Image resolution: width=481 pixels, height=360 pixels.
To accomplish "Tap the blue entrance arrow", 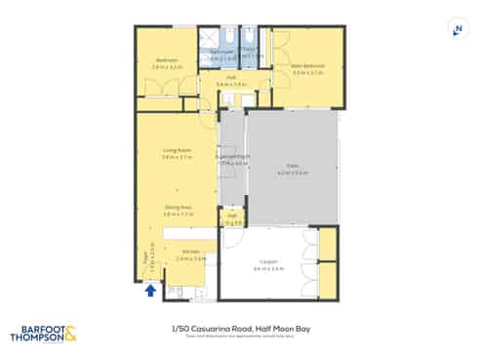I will click(150, 289).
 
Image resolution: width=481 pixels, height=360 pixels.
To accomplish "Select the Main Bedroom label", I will click(307, 66).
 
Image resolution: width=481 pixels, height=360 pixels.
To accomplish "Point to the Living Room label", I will click(176, 149).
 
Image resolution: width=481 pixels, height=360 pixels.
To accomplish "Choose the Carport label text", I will click(268, 261).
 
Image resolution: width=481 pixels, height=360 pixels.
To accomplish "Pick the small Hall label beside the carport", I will click(231, 217).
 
